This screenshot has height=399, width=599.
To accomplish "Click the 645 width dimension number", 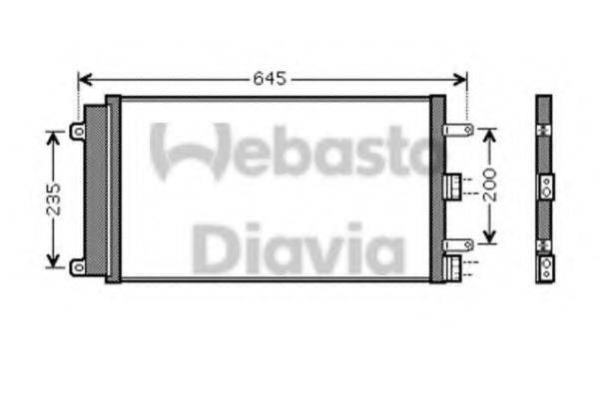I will click(x=270, y=79).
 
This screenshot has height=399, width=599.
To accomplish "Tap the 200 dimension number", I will click(x=489, y=186).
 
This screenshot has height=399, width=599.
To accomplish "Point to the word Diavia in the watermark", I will click(x=299, y=248).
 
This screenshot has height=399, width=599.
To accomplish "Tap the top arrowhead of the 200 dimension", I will click(x=489, y=134).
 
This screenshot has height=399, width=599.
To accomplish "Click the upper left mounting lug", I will click(x=77, y=131).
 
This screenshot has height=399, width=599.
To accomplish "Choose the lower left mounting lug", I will click(x=77, y=265).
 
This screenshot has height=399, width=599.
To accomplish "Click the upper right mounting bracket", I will click(x=459, y=130).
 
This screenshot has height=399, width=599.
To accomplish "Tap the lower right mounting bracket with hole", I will click(x=459, y=244).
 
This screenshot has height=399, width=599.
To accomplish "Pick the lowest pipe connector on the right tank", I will click(x=452, y=267).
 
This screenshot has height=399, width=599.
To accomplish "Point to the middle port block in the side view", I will click(x=545, y=186).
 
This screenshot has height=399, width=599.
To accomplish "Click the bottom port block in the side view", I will click(x=545, y=267).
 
